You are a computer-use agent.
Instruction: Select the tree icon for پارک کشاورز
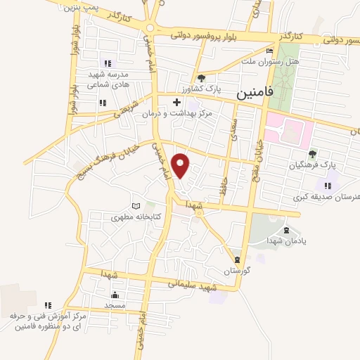(202, 78)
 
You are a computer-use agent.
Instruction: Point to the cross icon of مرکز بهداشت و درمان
(177, 103)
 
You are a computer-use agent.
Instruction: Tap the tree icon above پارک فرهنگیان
(313, 154)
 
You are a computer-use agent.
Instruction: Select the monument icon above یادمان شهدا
(285, 231)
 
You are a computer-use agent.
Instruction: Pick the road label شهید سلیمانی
(191, 285)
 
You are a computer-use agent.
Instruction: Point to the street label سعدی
(235, 130)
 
